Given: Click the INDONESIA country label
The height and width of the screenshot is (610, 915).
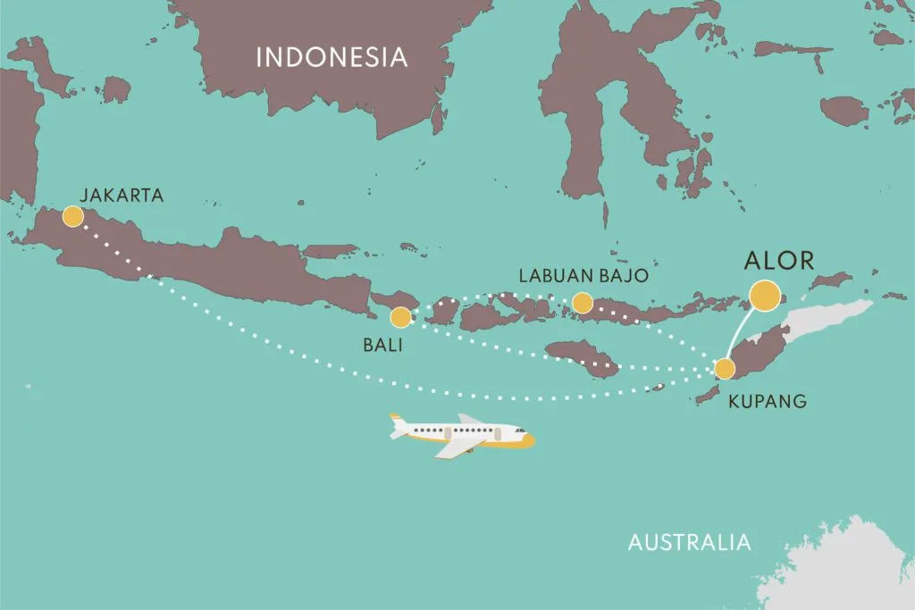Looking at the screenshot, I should [332, 58].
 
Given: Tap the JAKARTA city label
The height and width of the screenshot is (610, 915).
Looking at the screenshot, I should [122, 195].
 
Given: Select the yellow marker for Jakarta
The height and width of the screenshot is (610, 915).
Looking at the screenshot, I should [72, 216].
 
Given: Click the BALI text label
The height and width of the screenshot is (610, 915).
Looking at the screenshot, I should [382, 344].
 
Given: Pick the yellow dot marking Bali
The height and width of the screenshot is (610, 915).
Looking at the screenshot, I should [401, 316].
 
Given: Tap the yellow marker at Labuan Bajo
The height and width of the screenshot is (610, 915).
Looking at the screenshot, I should [582, 304].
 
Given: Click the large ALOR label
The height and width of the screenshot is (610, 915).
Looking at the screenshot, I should [780, 261].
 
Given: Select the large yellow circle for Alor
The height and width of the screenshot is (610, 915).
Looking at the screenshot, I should [765, 295].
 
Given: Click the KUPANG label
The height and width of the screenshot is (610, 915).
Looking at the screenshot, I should [768, 401].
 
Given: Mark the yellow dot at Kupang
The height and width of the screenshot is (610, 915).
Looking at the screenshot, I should [724, 369].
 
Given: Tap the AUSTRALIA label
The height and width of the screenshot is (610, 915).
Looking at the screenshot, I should [689, 542].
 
